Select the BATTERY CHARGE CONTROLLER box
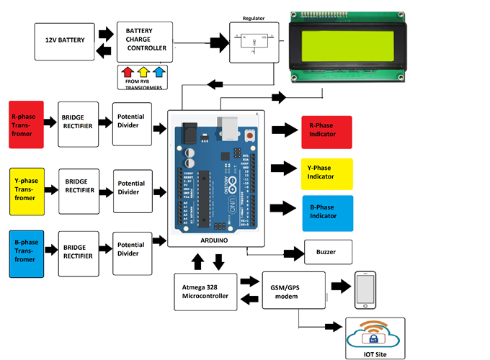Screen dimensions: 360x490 (x=145, y=41)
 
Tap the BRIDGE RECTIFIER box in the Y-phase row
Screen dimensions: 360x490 (x=77, y=190)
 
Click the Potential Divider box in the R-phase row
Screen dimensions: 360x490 (x=130, y=122)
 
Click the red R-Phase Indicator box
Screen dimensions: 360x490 (x=326, y=132)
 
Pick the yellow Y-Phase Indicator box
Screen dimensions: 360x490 (x=326, y=174)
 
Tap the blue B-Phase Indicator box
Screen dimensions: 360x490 (x=326, y=213)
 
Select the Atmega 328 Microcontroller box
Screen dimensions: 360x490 (x=204, y=292)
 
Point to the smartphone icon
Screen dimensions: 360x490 (x=365, y=288)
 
